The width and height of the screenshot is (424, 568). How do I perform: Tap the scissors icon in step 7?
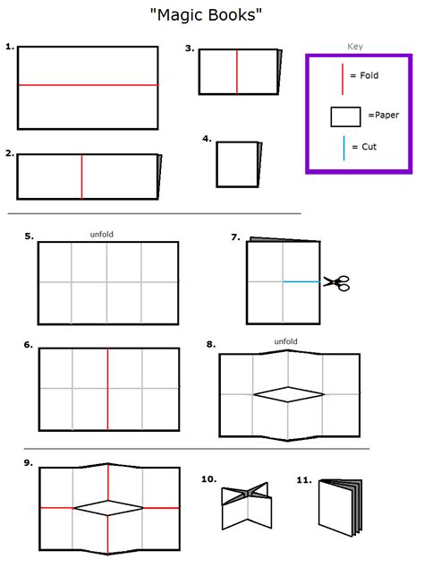point(336,282)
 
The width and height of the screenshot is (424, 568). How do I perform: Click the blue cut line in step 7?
point(302,282)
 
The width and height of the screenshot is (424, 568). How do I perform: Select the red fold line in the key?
point(343,78)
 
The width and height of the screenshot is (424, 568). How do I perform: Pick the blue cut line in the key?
point(343,148)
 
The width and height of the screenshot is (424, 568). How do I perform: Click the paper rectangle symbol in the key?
point(345,116)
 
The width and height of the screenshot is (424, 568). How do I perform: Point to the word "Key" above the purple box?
point(355,47)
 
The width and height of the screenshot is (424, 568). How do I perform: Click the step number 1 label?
point(10,47)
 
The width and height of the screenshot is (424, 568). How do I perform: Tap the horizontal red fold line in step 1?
point(88,85)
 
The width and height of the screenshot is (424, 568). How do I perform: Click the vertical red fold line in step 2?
point(82,176)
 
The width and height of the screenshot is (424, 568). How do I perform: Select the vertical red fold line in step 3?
point(237,72)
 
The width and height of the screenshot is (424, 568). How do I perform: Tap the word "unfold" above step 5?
point(102,235)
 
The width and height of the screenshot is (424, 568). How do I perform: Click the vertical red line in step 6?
point(107,383)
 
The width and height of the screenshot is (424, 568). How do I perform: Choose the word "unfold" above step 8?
point(285,341)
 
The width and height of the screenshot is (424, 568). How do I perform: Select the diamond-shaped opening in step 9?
point(107,508)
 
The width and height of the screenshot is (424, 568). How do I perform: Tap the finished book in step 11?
point(339,507)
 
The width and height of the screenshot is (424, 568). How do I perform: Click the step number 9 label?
point(29,462)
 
